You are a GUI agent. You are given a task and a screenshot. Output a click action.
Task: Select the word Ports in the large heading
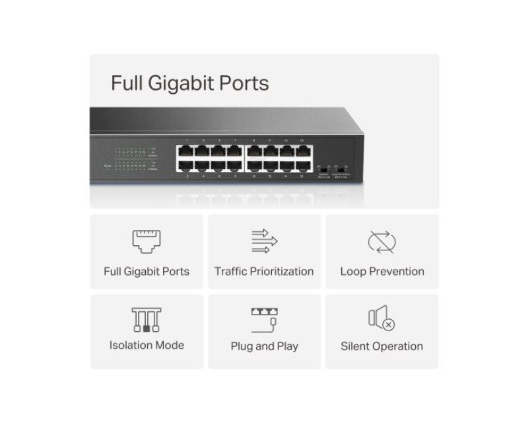point(248,83)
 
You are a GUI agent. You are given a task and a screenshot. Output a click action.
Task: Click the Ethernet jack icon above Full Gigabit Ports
point(147,242)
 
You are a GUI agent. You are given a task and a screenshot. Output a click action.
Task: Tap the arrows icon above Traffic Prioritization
point(264,242)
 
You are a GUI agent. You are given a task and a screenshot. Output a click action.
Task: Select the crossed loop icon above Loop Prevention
point(381,242)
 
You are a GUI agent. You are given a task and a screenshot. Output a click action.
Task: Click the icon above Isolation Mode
point(147,320)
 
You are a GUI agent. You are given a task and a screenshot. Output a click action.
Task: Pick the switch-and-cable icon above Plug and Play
point(264,320)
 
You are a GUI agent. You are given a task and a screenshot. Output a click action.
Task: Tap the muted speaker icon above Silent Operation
point(381,320)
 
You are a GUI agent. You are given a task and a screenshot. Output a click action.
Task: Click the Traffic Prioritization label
point(264,271)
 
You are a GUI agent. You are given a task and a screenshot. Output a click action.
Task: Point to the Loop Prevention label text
point(382,271)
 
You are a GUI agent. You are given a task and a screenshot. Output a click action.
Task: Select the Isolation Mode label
point(147,345)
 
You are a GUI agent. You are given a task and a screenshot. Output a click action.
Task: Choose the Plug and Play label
point(264,346)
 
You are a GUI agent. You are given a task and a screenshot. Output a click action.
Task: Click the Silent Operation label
point(382,346)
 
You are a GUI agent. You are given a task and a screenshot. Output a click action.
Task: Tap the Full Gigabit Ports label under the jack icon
point(147,271)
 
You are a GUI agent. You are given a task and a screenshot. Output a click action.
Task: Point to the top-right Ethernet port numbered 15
point(302,150)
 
